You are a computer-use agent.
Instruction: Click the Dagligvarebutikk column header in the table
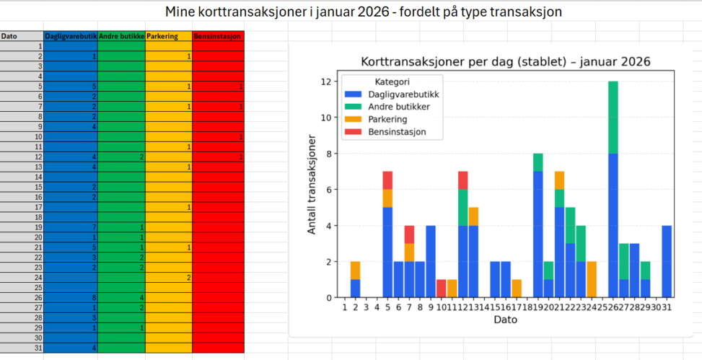71,36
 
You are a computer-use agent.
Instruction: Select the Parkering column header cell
168,36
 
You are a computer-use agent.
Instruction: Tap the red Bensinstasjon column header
218,36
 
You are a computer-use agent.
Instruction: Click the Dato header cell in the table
22,36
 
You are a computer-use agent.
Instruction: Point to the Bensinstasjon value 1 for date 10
218,136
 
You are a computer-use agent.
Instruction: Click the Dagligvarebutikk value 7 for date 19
71,227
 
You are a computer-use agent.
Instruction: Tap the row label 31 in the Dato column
22,348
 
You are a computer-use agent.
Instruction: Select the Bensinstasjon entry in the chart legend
395,132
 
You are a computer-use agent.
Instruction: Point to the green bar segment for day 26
613,117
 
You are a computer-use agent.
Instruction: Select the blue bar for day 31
667,261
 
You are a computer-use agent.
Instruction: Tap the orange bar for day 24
592,279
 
